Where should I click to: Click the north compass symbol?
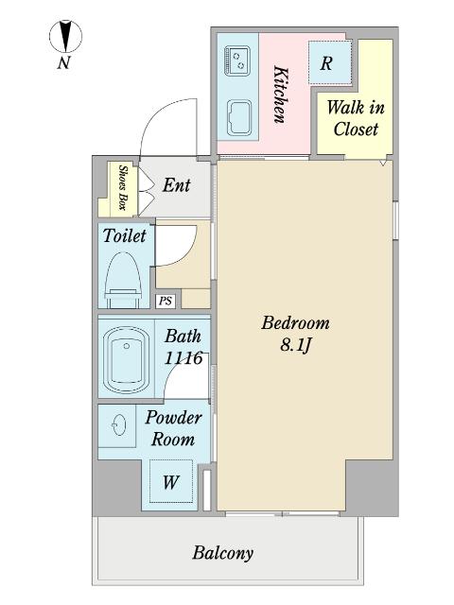[x=65, y=36]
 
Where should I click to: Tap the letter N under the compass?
[x=64, y=62]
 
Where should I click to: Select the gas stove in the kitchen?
[x=237, y=60]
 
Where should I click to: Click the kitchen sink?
[x=238, y=118]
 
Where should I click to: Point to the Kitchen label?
[x=281, y=95]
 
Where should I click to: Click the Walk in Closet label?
[x=356, y=118]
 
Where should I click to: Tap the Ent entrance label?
[x=177, y=185]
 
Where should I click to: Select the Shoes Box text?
[x=123, y=187]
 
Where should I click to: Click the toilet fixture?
[x=123, y=280]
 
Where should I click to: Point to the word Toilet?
[x=124, y=235]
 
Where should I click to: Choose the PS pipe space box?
[x=166, y=301]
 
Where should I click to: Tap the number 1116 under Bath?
[x=183, y=358]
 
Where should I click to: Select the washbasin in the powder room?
[x=118, y=425]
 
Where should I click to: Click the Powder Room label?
[x=173, y=428]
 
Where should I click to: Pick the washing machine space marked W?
[x=171, y=481]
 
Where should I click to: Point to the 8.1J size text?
[x=296, y=345]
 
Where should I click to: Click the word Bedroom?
[x=296, y=323]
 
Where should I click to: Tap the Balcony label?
[x=223, y=553]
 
